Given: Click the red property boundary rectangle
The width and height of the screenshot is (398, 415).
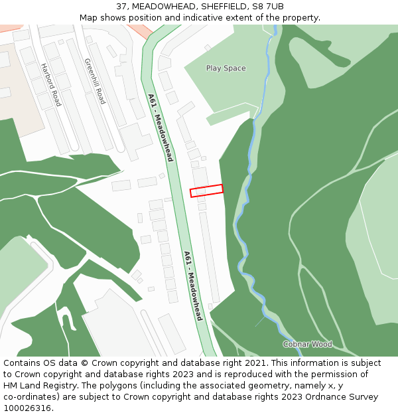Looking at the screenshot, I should pos(206,191).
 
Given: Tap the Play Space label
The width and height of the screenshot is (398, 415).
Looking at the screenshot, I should pos(226,68).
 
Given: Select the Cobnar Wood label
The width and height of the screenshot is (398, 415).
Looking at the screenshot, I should pos(307,344).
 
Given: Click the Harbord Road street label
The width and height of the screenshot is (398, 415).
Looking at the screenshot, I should pos(51,85).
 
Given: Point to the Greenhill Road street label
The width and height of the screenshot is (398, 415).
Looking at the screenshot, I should pos(94,81).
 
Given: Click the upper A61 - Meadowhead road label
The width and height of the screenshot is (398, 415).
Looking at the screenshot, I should pos(161,127).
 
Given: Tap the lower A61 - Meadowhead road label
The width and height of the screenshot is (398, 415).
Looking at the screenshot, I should pos(193,286).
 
